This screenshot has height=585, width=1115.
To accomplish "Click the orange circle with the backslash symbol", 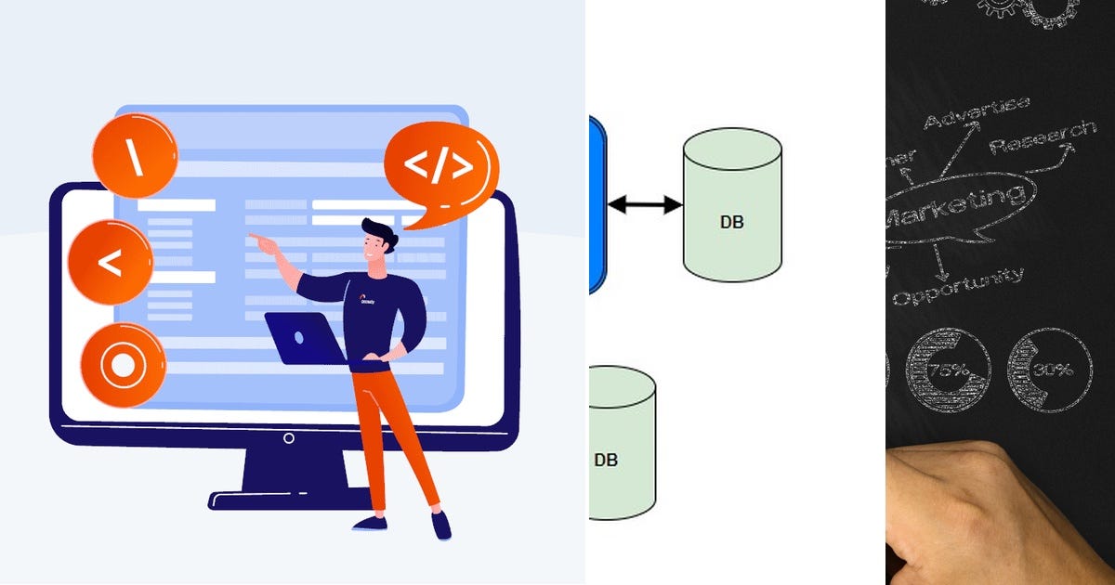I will coord(135,156).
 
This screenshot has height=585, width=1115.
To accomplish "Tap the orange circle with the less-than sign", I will coord(110,263).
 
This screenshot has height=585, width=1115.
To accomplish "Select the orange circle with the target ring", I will coord(123,366).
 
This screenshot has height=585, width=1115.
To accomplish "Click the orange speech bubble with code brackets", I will coord(439,167).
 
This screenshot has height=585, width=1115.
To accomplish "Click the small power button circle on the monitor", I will coord(289,438).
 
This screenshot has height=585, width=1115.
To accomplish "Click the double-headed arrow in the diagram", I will coord(645,205).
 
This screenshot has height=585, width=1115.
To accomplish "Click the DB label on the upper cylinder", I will coord(732,222).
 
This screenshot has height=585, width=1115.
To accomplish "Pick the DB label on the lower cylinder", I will coord(606,460).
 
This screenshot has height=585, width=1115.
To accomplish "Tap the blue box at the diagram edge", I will coord(597,204).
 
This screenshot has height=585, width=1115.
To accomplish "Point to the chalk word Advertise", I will coord(976,112).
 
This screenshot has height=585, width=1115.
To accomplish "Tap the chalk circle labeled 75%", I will coord(948,370).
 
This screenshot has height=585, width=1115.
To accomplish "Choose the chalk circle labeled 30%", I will coord(1050,370).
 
